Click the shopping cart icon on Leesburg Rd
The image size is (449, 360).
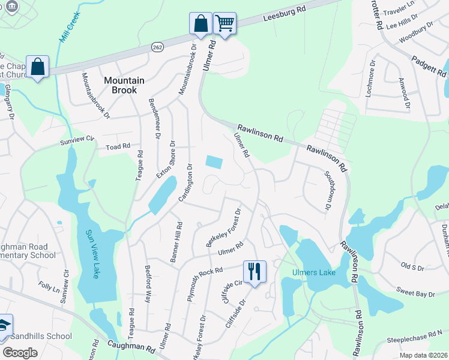pos(224,24)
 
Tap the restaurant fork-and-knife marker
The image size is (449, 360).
pos(255,271)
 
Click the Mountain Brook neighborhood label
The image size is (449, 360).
pos(124,85)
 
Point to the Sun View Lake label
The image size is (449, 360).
pos(92,254)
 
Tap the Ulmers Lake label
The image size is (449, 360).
pos(312,273)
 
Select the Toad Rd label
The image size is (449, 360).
pos(118,146)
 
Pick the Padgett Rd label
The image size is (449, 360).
pos(429,68)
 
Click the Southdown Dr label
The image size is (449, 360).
pos(328,191)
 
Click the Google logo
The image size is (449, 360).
pos(19,352)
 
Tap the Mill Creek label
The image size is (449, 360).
pos(70,29)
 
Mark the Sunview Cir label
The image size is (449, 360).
pos(77,139)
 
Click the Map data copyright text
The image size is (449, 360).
pos(424,355)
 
